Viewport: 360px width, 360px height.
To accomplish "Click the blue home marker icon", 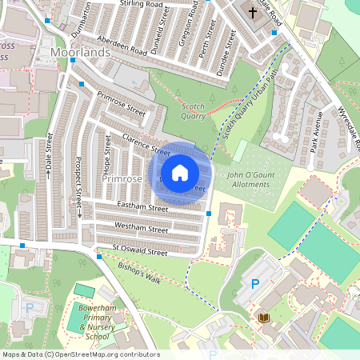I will [x=180, y=172].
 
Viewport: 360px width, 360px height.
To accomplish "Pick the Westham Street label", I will [x=141, y=227].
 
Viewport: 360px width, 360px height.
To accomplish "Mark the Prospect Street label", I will [x=78, y=181].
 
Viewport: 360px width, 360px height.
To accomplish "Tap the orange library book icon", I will [x=265, y=318].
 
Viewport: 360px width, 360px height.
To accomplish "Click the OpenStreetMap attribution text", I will [x=80, y=354].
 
